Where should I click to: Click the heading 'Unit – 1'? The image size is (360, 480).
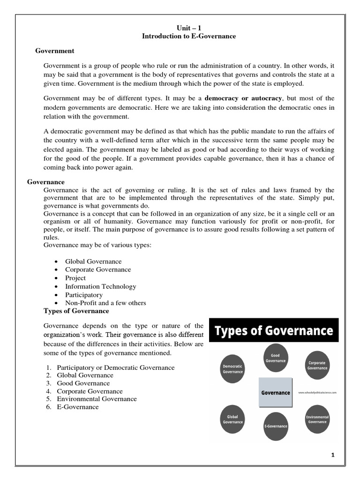click(x=189, y=29)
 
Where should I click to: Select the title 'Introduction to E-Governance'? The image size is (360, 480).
click(x=189, y=36)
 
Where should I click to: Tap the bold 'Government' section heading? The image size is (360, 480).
click(x=55, y=51)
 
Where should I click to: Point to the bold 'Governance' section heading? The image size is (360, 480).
click(x=46, y=182)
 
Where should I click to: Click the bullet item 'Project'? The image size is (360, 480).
click(x=75, y=278)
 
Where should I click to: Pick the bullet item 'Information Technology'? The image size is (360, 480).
click(x=101, y=286)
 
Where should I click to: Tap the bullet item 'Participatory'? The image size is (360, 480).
click(x=84, y=295)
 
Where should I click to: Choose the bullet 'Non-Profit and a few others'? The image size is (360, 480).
click(x=105, y=303)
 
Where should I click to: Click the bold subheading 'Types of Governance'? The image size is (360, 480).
click(x=76, y=311)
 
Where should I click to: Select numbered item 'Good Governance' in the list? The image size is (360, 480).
click(x=84, y=383)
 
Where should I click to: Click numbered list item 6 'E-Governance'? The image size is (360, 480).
click(x=78, y=407)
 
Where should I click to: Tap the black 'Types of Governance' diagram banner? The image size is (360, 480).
click(x=274, y=331)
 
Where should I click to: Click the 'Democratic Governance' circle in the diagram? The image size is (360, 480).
click(x=232, y=369)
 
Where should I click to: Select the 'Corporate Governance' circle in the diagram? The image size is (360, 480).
click(x=317, y=365)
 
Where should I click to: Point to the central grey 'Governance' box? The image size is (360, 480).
click(x=275, y=392)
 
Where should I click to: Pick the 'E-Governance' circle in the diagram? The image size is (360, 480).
click(x=276, y=426)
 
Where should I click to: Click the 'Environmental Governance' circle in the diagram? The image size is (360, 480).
click(x=317, y=419)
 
